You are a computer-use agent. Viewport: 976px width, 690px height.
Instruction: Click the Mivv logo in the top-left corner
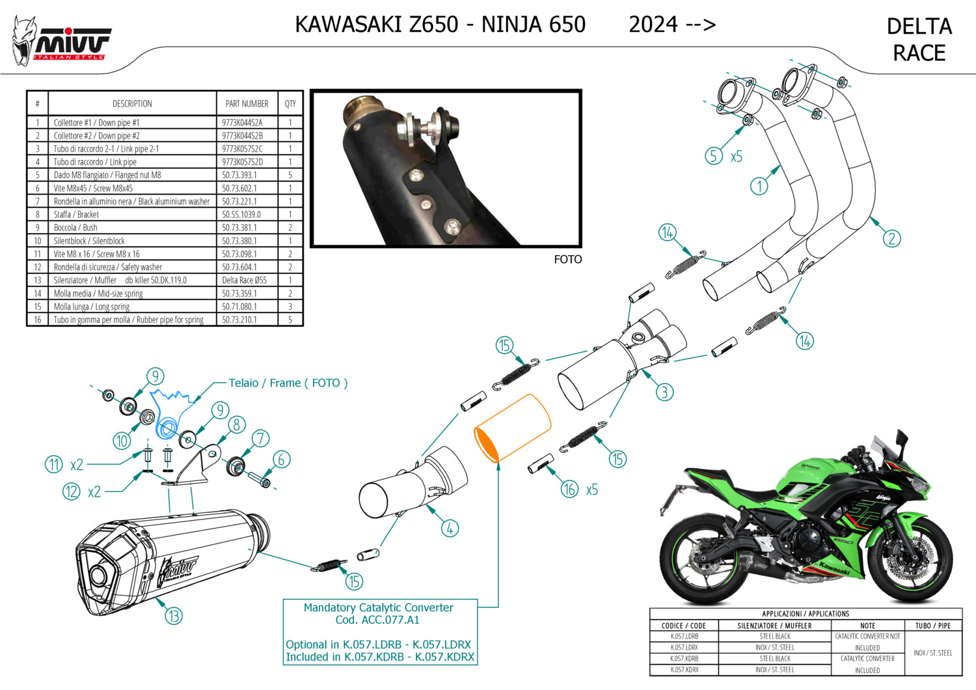coord(61,42)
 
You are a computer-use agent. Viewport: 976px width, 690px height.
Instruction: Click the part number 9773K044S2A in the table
coord(242,122)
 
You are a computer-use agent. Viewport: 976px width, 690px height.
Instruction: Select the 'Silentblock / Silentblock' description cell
coord(89,241)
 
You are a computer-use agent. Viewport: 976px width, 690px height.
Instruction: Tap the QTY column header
coord(290,103)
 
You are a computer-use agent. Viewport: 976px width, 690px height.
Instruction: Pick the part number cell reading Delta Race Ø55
coord(245,280)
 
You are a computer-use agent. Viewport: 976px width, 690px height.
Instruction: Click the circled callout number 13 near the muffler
coord(174,616)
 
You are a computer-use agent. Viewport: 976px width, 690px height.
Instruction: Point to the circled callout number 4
coord(450,529)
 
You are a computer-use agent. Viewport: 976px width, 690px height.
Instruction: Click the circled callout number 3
coord(664,392)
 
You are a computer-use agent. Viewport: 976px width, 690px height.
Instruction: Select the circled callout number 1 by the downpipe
coord(759,186)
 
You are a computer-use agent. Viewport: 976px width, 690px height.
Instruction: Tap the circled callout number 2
coord(891,238)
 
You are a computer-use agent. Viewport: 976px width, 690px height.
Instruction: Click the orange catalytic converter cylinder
coord(513,428)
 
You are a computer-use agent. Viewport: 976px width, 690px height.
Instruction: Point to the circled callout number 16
coord(569,489)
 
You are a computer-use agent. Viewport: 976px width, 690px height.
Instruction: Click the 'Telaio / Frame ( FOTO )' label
coord(288,383)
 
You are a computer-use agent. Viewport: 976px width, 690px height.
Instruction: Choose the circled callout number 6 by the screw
coord(282,460)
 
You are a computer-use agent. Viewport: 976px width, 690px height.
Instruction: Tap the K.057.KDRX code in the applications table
coord(684,670)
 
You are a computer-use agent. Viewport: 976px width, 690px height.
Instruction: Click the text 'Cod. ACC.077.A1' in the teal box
coord(377,620)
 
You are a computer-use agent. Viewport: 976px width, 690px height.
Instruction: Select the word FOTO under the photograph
coord(568,259)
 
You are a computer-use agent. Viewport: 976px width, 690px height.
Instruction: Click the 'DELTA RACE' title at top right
coord(919,40)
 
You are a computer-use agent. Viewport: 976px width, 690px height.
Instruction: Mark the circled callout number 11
coord(54,464)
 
